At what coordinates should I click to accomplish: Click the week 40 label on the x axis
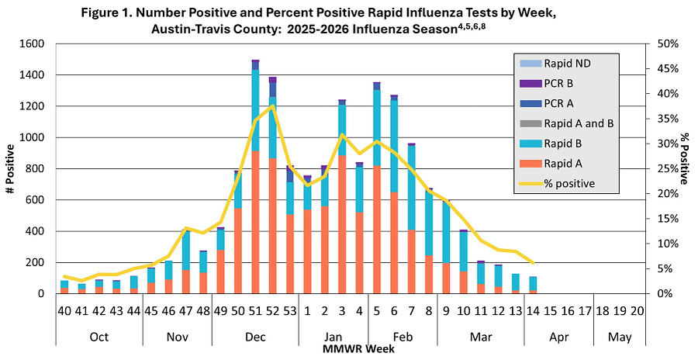(64, 311)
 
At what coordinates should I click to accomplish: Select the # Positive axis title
(10, 168)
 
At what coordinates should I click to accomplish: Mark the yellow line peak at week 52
(272, 106)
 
